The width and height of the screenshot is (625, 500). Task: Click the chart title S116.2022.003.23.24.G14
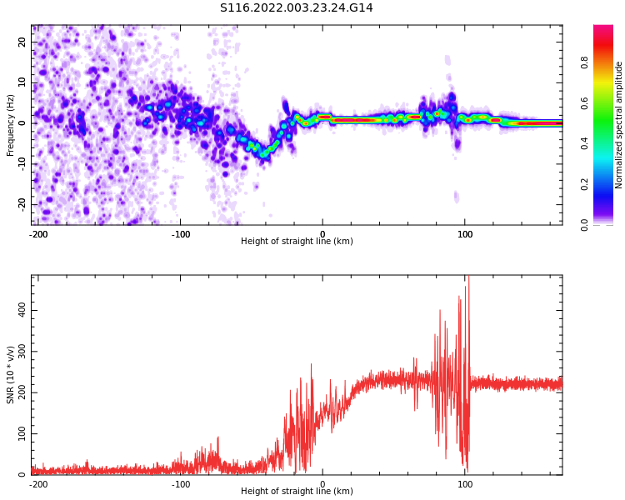pos(296,7)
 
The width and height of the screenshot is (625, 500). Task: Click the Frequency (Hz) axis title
pos(11,125)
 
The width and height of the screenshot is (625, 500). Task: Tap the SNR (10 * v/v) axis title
pos(11,374)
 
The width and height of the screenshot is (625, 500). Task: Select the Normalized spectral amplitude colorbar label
pos(619,125)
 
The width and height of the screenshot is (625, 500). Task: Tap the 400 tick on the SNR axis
pos(20,310)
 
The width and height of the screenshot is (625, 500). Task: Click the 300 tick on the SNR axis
pos(20,352)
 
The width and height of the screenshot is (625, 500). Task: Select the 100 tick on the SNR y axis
pos(20,434)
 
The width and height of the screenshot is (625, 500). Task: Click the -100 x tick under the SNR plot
pos(181,484)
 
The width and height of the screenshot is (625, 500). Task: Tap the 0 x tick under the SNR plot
pos(322,484)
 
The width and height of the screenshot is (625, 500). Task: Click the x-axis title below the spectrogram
pos(297,242)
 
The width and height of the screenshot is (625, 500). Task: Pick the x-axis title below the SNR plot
pos(297,492)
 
